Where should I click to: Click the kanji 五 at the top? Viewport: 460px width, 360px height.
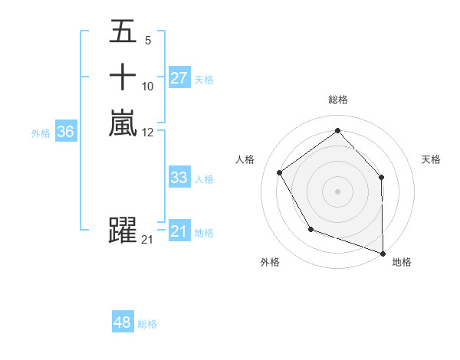click(123, 31)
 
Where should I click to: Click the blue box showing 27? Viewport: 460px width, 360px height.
click(179, 78)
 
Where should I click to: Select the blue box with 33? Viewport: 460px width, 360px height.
click(179, 178)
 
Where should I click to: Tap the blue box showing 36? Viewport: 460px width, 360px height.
click(66, 132)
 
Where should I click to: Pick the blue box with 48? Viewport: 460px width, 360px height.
click(123, 322)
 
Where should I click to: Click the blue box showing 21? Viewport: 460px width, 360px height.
click(179, 231)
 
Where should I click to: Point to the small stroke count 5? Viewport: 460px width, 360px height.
click(147, 41)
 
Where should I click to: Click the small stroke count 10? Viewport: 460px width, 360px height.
click(148, 86)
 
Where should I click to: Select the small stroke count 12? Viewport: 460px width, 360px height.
click(148, 132)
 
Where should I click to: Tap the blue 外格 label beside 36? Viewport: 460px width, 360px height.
click(41, 133)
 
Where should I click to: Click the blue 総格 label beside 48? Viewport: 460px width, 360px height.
click(147, 324)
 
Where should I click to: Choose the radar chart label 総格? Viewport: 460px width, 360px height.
click(337, 100)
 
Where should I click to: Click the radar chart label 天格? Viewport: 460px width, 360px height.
click(432, 159)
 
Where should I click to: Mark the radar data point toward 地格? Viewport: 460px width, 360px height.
click(383, 253)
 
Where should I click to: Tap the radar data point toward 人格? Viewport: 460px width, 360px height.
click(280, 172)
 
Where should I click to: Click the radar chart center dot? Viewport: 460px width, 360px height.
click(337, 191)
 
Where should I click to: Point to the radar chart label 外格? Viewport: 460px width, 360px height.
click(270, 262)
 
